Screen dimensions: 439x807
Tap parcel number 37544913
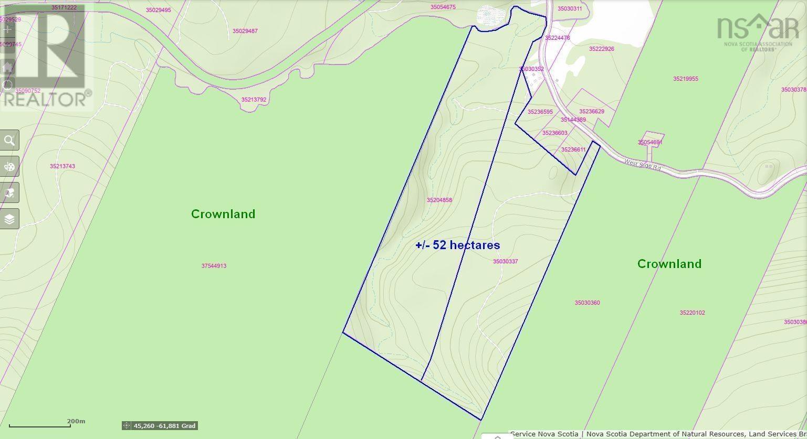tap(214, 266)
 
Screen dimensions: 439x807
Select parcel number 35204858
tap(439, 200)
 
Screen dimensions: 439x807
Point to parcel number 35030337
tap(505, 261)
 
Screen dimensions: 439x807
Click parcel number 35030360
tap(587, 303)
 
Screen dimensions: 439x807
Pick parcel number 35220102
tap(692, 313)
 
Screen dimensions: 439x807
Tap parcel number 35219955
tap(685, 79)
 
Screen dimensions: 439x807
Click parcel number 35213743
tap(62, 166)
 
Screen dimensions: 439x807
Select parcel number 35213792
tap(254, 100)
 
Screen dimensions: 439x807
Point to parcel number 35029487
tap(245, 31)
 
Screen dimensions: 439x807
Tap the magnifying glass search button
tap(9, 141)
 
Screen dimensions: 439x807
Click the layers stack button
tap(9, 219)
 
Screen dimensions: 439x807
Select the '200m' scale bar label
tap(76, 421)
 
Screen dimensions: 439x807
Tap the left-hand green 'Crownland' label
tap(223, 214)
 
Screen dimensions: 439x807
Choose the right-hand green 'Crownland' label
tap(669, 264)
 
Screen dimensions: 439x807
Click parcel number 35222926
tap(601, 49)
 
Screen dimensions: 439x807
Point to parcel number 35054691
tap(650, 143)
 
